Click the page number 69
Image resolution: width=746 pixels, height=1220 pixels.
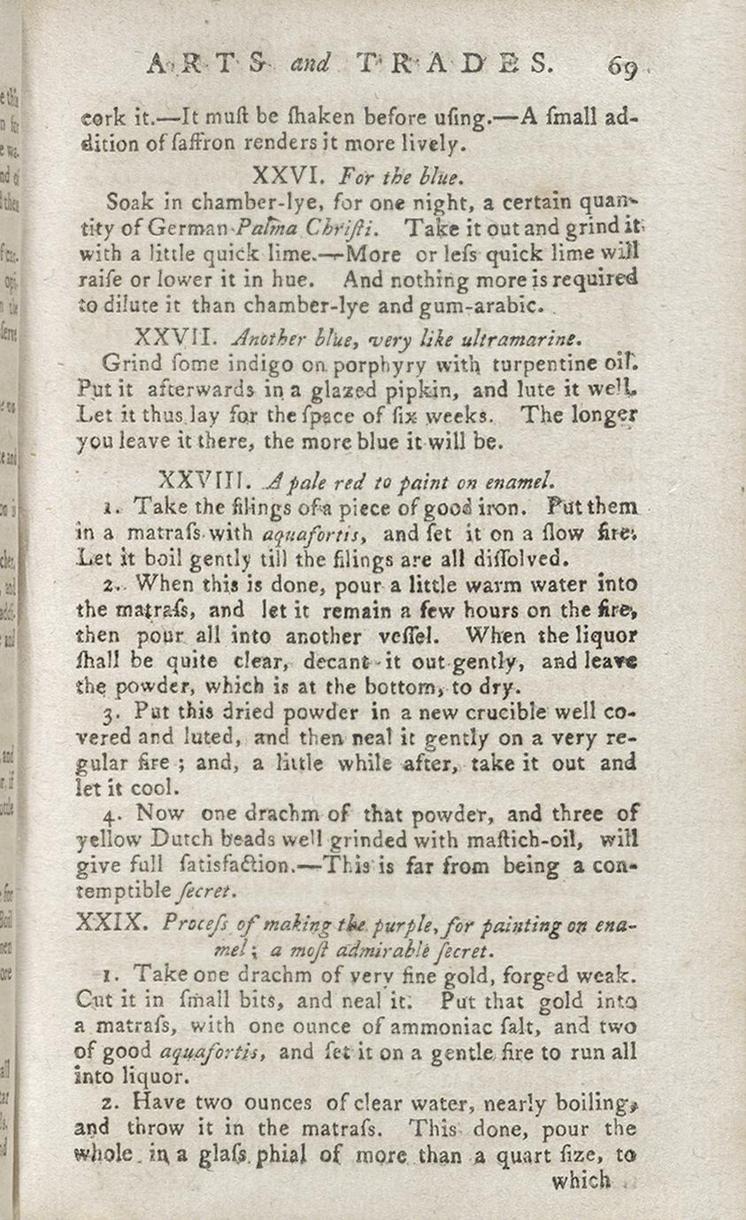point(622,67)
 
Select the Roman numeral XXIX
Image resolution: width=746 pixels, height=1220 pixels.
point(110,924)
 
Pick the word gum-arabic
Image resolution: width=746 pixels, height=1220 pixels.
point(482,307)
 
